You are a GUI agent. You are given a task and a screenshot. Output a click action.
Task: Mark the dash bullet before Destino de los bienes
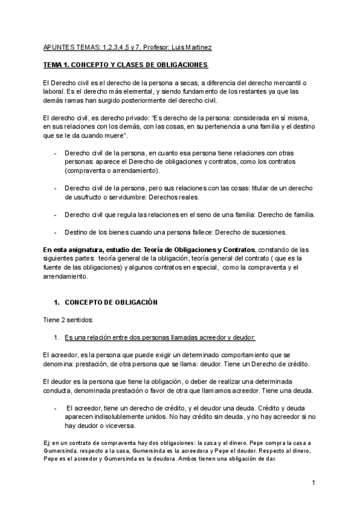point(55,232)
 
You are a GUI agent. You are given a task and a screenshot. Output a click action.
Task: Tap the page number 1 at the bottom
point(314,483)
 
